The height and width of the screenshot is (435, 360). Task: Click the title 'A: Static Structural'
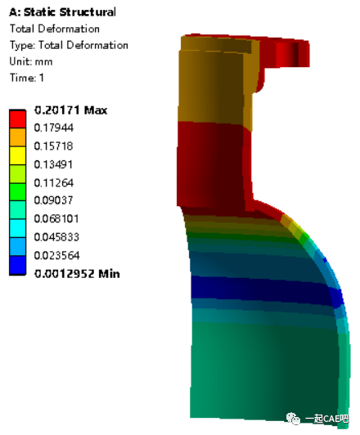(x=62, y=12)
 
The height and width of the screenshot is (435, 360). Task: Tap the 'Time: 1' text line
(x=28, y=78)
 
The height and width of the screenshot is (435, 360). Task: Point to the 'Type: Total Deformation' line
(x=69, y=45)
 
